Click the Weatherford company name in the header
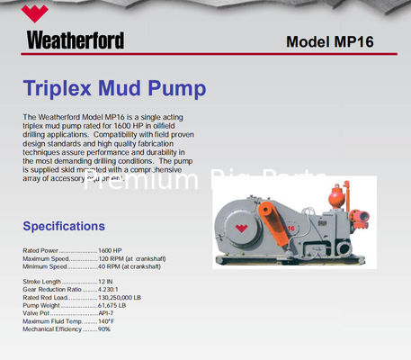pyautogui.click(x=75, y=40)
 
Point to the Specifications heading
pyautogui.click(x=64, y=226)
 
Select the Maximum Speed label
pyautogui.click(x=46, y=258)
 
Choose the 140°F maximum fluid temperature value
pyautogui.click(x=107, y=321)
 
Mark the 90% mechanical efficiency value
pyautogui.click(x=104, y=329)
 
